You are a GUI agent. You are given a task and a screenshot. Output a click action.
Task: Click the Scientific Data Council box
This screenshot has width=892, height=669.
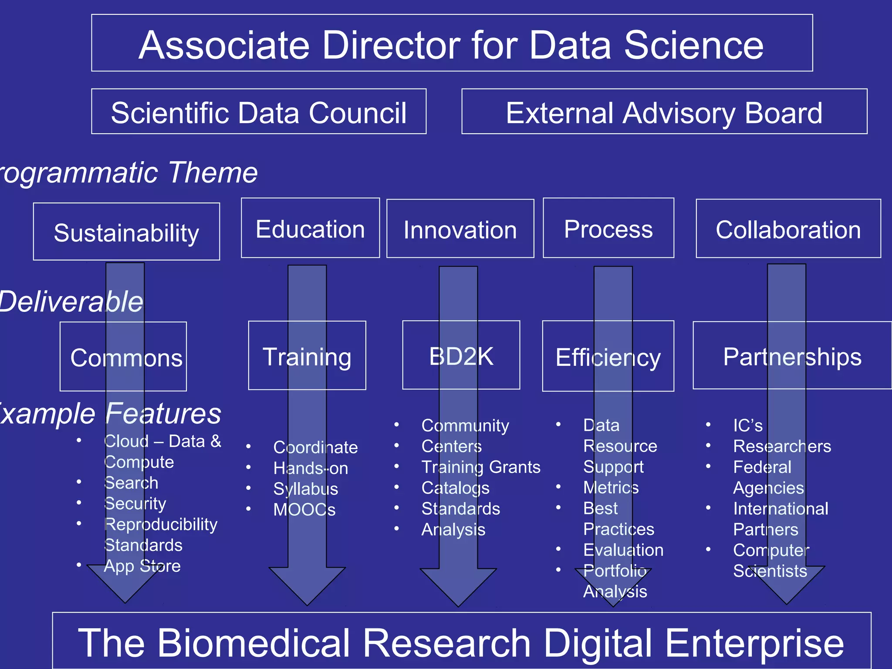coord(259,112)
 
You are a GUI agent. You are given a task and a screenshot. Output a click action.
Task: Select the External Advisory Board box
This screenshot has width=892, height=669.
coord(664,112)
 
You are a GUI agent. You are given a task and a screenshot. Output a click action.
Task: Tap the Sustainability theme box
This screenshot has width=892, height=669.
coord(126,232)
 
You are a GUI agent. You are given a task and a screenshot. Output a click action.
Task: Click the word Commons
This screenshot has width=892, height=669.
coord(126,358)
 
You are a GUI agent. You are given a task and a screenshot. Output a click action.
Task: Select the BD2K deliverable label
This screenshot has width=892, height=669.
coord(461,356)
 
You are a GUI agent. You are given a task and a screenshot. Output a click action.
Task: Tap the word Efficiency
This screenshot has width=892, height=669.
coord(608,358)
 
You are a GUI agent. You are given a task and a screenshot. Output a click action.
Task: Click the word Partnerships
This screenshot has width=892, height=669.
coord(792,357)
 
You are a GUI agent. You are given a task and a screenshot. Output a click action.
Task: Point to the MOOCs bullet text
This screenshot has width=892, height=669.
coord(304,510)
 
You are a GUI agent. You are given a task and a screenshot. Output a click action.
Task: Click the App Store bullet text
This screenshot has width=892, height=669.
coord(142,566)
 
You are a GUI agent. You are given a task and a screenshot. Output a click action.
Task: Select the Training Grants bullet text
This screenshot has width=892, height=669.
coord(481,467)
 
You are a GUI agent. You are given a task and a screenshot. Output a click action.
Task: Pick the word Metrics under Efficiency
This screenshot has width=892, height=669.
coord(611,487)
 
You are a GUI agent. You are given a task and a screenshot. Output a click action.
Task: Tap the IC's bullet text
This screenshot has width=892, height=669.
coord(747,426)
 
